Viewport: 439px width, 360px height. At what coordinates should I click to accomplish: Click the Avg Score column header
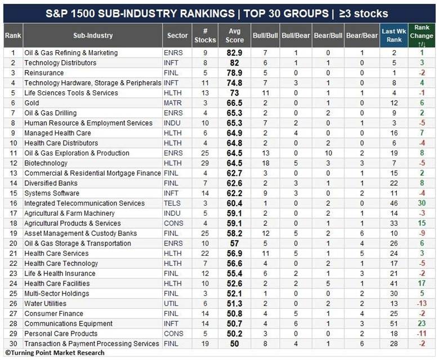234,35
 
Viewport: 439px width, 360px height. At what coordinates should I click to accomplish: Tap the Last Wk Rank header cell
394,35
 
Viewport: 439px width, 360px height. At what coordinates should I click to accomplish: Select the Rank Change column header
422,35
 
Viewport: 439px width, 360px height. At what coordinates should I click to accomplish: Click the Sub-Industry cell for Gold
32,103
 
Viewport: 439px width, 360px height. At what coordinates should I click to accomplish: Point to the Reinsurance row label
44,73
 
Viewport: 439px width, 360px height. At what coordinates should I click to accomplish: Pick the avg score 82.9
235,52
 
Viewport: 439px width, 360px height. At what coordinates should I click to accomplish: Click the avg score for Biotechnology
235,163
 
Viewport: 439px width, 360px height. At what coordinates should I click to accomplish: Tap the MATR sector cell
173,103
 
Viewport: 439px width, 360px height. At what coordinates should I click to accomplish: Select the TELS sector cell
172,203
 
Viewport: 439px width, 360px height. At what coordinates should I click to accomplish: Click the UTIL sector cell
171,304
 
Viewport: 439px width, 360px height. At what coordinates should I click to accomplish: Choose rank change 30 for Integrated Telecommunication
422,203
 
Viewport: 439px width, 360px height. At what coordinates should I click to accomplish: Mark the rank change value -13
422,304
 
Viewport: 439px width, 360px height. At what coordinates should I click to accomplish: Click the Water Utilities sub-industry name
46,304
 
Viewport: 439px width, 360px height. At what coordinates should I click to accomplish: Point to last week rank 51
394,323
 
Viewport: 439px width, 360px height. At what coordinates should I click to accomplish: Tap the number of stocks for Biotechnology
205,163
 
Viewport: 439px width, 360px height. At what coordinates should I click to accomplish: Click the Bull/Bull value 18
266,163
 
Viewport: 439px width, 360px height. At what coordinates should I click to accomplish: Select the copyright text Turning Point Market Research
55,353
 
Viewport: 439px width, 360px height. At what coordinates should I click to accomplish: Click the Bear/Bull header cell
328,35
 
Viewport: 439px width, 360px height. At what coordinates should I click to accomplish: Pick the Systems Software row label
52,193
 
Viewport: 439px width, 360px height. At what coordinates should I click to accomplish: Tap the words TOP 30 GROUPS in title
286,14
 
